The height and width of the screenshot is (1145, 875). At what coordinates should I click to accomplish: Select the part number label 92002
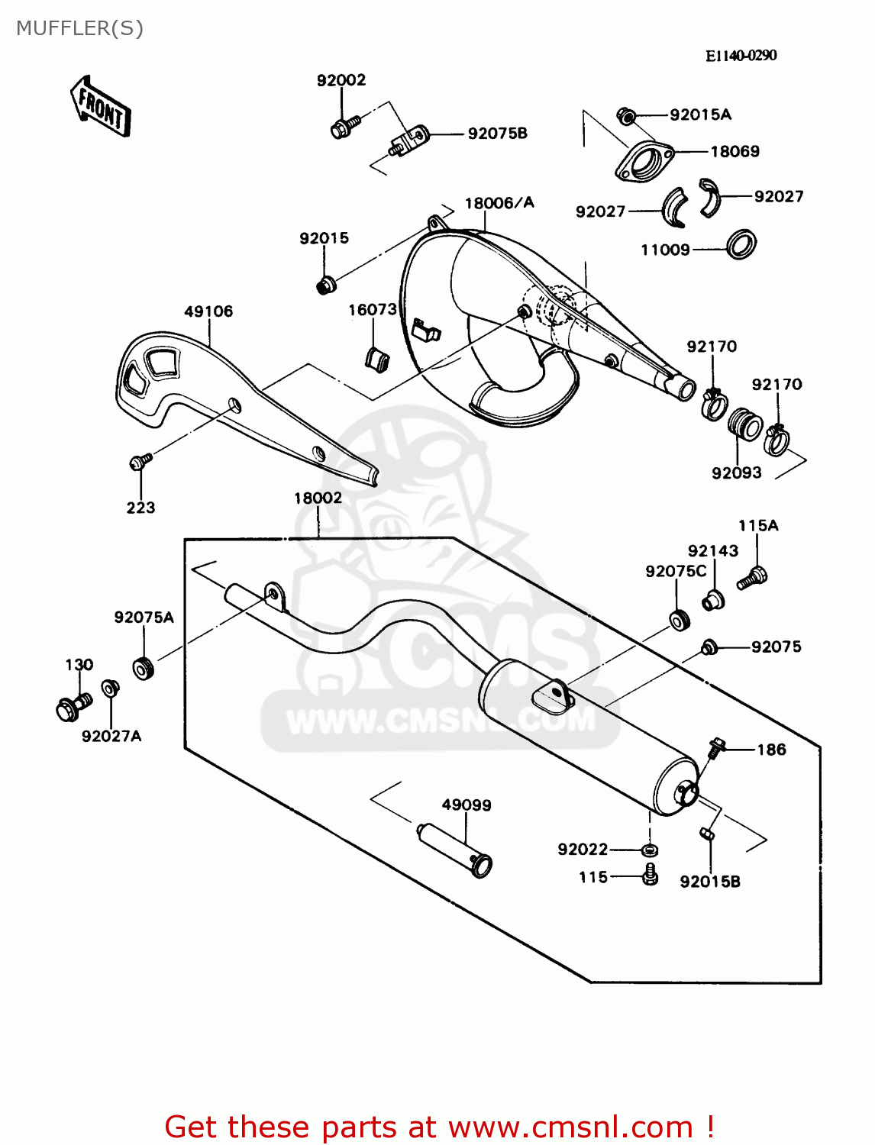pos(341,80)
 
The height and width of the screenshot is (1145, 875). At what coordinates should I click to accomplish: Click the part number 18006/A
pos(499,203)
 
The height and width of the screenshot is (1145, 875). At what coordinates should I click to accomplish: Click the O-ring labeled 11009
pos(740,244)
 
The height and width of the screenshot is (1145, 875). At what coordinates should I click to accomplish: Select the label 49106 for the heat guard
pos(208,311)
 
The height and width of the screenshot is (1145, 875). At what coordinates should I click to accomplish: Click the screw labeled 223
pos(140,461)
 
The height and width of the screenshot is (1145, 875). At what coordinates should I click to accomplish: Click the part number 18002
pos(318,498)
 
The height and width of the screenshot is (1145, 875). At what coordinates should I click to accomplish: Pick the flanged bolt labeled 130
pos(71,707)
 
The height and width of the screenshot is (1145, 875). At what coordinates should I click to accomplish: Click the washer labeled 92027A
pos(111,689)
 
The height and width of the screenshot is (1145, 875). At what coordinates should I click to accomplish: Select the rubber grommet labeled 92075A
pos(144,668)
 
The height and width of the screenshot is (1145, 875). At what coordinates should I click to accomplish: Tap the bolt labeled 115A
pos(753,578)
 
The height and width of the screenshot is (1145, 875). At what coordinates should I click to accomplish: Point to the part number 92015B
pos(710,882)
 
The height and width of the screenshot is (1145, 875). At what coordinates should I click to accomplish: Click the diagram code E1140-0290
pos(741,56)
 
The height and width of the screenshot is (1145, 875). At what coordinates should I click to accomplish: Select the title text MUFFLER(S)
pos(79,28)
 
